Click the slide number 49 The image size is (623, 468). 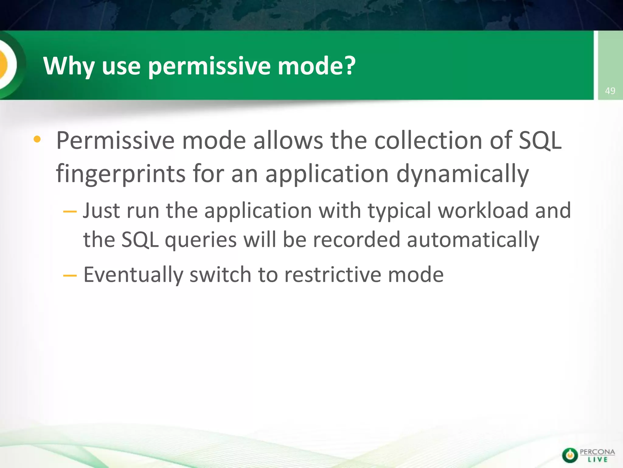point(610,91)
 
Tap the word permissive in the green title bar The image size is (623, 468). point(209,66)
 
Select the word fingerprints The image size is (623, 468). point(121,174)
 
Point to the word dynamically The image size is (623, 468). point(463,174)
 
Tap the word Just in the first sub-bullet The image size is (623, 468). point(101,211)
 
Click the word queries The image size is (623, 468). point(200,240)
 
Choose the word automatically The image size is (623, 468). point(473,240)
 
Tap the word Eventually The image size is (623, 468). point(133,275)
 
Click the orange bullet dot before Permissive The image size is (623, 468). point(37,140)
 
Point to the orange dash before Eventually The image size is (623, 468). point(70,275)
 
